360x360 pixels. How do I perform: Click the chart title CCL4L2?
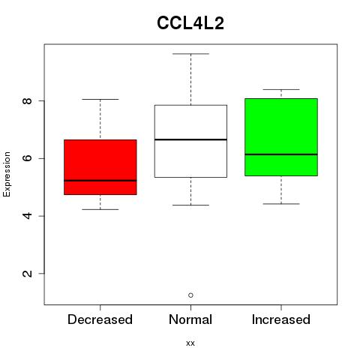coord(190,23)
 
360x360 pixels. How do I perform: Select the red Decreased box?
coord(100,167)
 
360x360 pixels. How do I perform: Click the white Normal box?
coord(190,141)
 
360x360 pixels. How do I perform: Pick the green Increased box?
coord(281,137)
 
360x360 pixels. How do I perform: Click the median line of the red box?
coord(100,180)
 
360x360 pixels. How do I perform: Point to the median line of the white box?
coord(190,139)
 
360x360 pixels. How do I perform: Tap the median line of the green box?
coord(281,154)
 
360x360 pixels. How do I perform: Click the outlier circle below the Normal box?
coord(190,295)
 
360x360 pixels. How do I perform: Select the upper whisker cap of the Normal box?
coord(190,54)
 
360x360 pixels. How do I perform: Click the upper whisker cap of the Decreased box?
coord(100,99)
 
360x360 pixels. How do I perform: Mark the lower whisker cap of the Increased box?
coord(281,204)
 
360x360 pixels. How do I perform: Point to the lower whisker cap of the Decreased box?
coord(100,209)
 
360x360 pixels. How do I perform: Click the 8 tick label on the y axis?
coord(27,100)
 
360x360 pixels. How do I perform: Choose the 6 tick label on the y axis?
coord(27,158)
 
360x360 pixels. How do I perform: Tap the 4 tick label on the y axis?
coord(27,216)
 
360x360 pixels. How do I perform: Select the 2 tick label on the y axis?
coord(27,274)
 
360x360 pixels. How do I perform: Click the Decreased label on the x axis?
coord(100,319)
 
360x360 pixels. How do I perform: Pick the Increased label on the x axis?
coord(281,319)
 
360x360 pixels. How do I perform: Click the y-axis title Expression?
coord(7,174)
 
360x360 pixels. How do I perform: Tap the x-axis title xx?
coord(190,343)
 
